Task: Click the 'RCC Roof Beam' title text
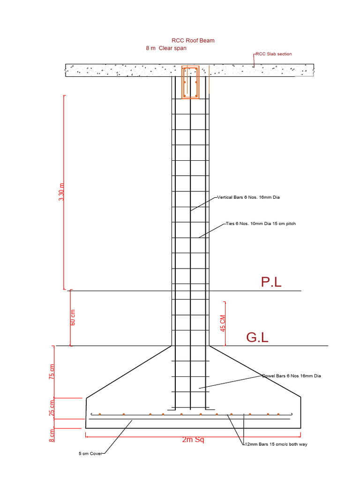[193, 41]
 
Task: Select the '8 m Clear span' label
[166, 48]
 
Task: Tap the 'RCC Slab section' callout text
[274, 54]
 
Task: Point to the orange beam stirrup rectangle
[190, 82]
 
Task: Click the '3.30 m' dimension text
[61, 192]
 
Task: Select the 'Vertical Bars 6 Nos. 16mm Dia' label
[249, 197]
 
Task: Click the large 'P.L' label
[271, 282]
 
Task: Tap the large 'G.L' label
[257, 337]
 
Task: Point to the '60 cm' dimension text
[73, 317]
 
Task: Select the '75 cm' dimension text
[52, 371]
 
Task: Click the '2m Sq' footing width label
[193, 440]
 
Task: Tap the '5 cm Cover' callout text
[90, 453]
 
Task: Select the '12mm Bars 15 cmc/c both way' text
[276, 444]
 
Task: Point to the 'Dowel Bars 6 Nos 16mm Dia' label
[292, 376]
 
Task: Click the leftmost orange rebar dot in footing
[100, 414]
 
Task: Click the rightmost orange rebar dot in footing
[278, 414]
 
